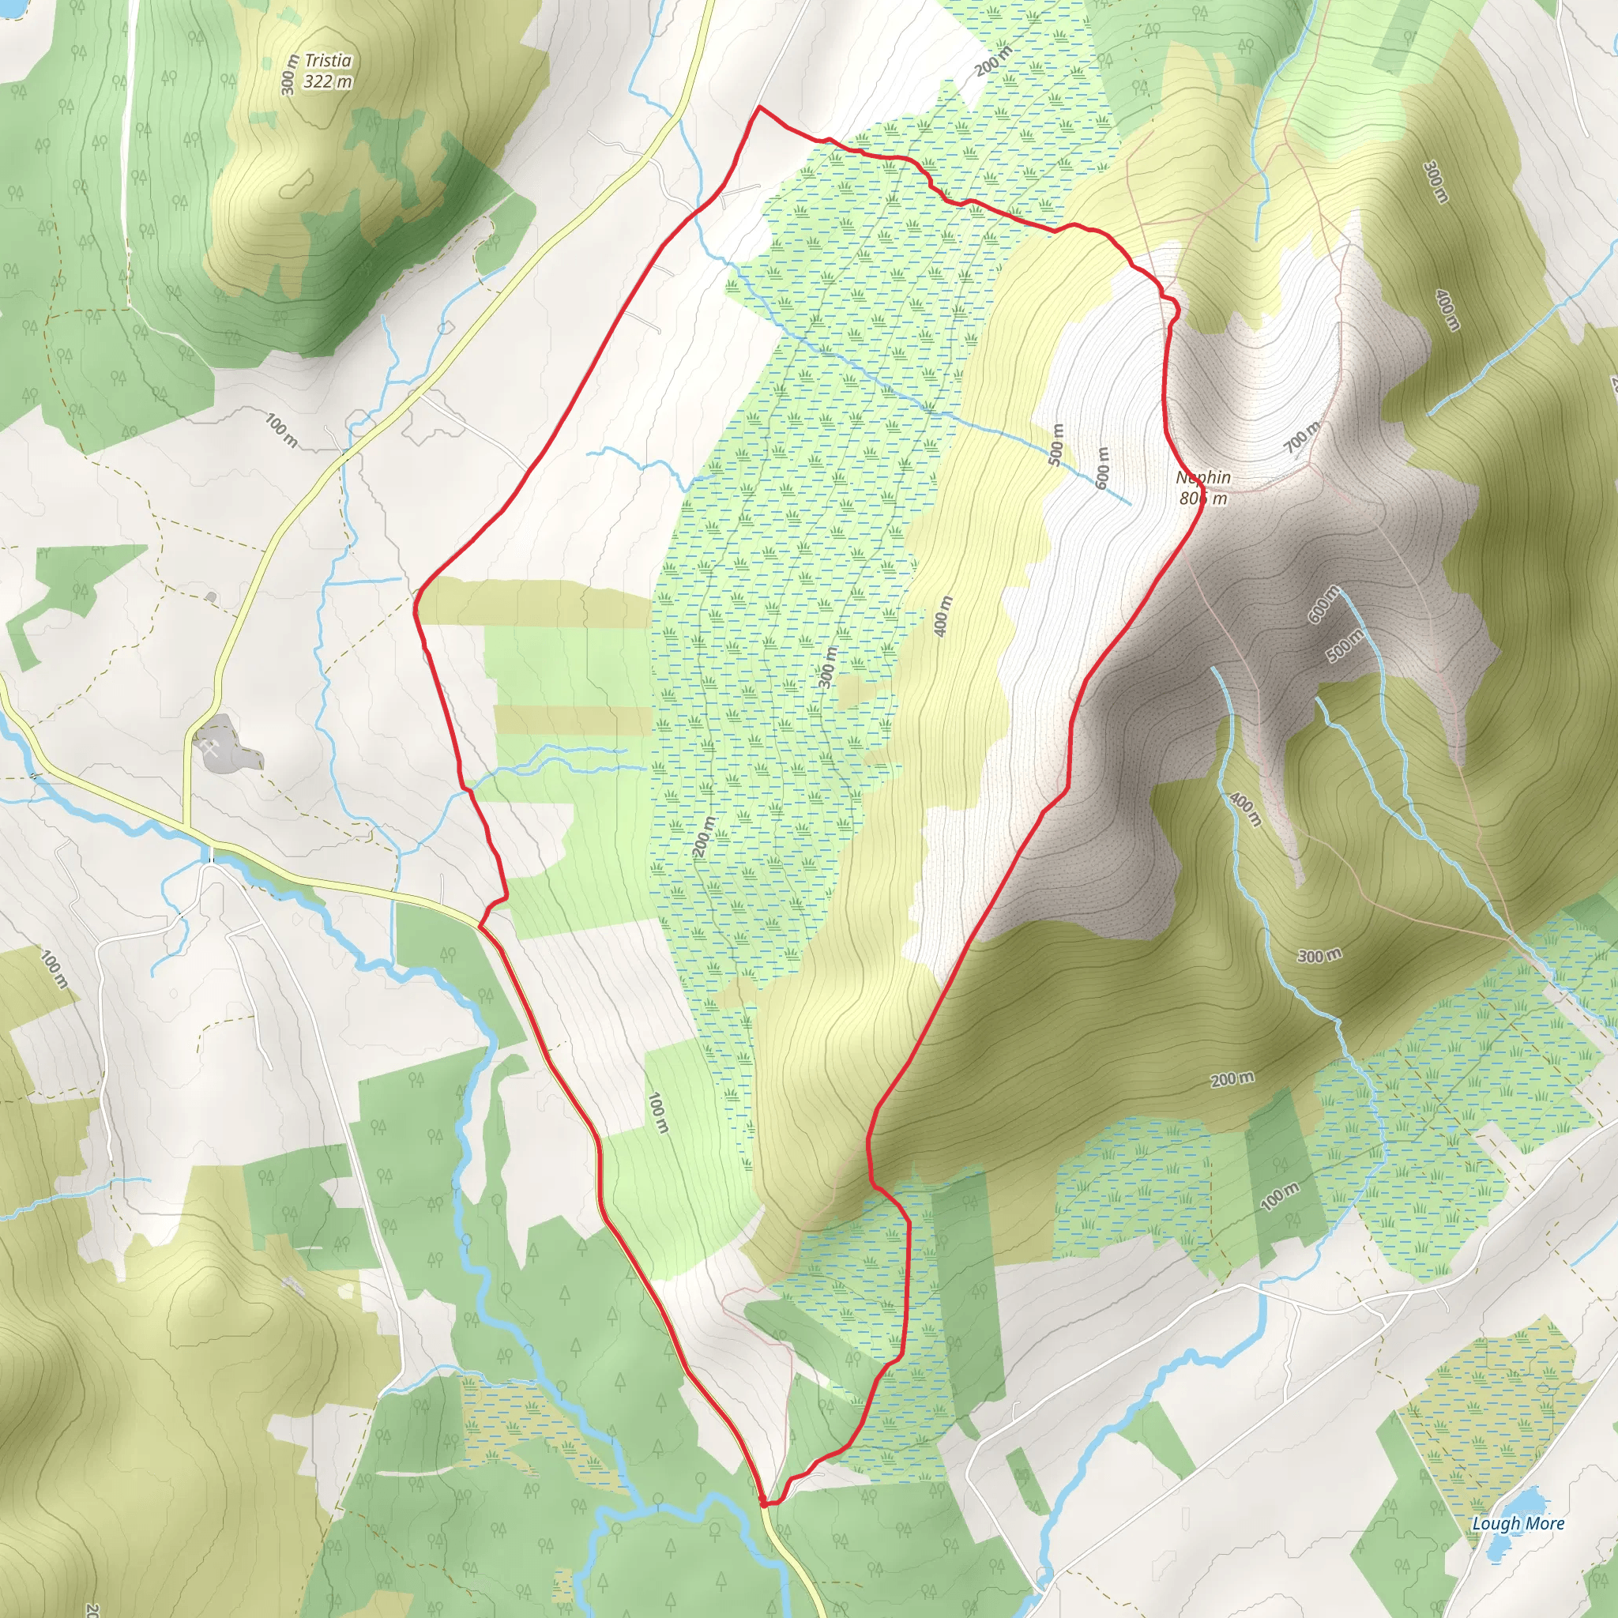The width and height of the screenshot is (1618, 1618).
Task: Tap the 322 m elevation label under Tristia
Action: [x=327, y=81]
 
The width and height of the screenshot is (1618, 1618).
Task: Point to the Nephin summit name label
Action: [x=1203, y=477]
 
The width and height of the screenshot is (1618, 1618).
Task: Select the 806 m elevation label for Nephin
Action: [x=1203, y=499]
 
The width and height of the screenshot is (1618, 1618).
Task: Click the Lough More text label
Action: [x=1518, y=1523]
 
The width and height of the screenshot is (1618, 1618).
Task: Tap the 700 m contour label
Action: [x=1302, y=436]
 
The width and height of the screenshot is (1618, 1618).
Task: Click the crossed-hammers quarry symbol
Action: [x=209, y=746]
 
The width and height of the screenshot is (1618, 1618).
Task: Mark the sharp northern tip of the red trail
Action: [x=758, y=107]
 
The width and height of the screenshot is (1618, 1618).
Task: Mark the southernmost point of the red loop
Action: [x=765, y=1505]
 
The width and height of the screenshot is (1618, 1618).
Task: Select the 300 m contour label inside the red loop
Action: [x=827, y=668]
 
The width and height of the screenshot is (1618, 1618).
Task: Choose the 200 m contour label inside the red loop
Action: [x=704, y=837]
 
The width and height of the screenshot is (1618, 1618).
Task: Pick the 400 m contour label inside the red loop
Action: [x=944, y=616]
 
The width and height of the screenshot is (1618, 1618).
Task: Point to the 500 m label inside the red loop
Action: [x=1056, y=445]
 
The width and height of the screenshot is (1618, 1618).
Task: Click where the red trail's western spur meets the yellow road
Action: [x=480, y=926]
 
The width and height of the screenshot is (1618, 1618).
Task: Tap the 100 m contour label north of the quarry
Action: [x=281, y=430]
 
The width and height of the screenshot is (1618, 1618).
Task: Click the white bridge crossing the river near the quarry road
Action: [x=212, y=856]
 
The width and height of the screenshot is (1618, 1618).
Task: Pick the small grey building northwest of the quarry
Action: [x=210, y=596]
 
